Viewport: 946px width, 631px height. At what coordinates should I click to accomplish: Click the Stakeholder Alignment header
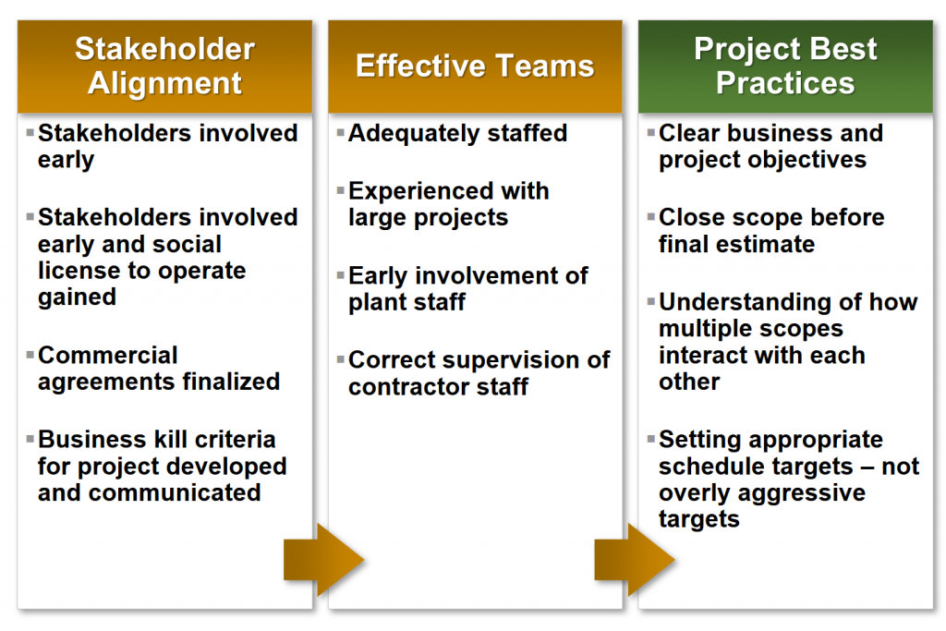click(164, 67)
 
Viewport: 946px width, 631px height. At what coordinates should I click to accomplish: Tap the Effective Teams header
click(476, 67)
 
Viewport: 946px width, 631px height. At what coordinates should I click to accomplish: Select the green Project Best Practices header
click(785, 67)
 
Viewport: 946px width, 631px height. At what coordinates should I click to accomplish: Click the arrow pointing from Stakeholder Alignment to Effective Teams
click(324, 560)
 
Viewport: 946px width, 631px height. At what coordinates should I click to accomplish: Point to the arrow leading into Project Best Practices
click(635, 560)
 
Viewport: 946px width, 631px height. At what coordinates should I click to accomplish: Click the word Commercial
click(108, 356)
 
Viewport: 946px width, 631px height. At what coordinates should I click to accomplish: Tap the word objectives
click(807, 161)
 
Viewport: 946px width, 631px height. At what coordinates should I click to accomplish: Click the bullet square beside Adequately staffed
click(341, 131)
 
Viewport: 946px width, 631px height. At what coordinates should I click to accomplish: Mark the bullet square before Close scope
click(651, 216)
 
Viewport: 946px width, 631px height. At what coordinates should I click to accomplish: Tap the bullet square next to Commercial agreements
click(30, 354)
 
